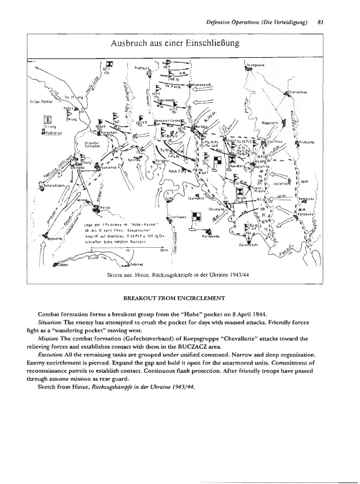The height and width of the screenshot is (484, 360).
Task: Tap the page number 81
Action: [x=321, y=22]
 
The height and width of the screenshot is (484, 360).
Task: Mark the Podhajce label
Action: [x=142, y=69]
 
